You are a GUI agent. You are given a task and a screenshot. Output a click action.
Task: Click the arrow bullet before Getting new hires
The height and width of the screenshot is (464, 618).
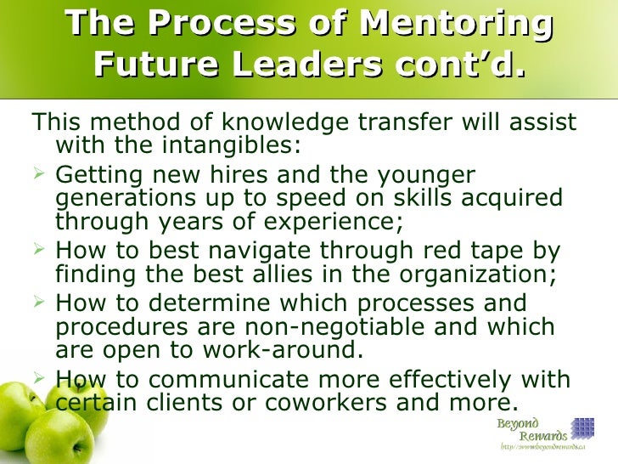pos(39,177)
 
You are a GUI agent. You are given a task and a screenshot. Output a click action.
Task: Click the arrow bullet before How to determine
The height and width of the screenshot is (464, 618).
pos(39,304)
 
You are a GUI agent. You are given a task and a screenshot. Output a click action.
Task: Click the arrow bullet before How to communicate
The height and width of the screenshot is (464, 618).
pos(39,381)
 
